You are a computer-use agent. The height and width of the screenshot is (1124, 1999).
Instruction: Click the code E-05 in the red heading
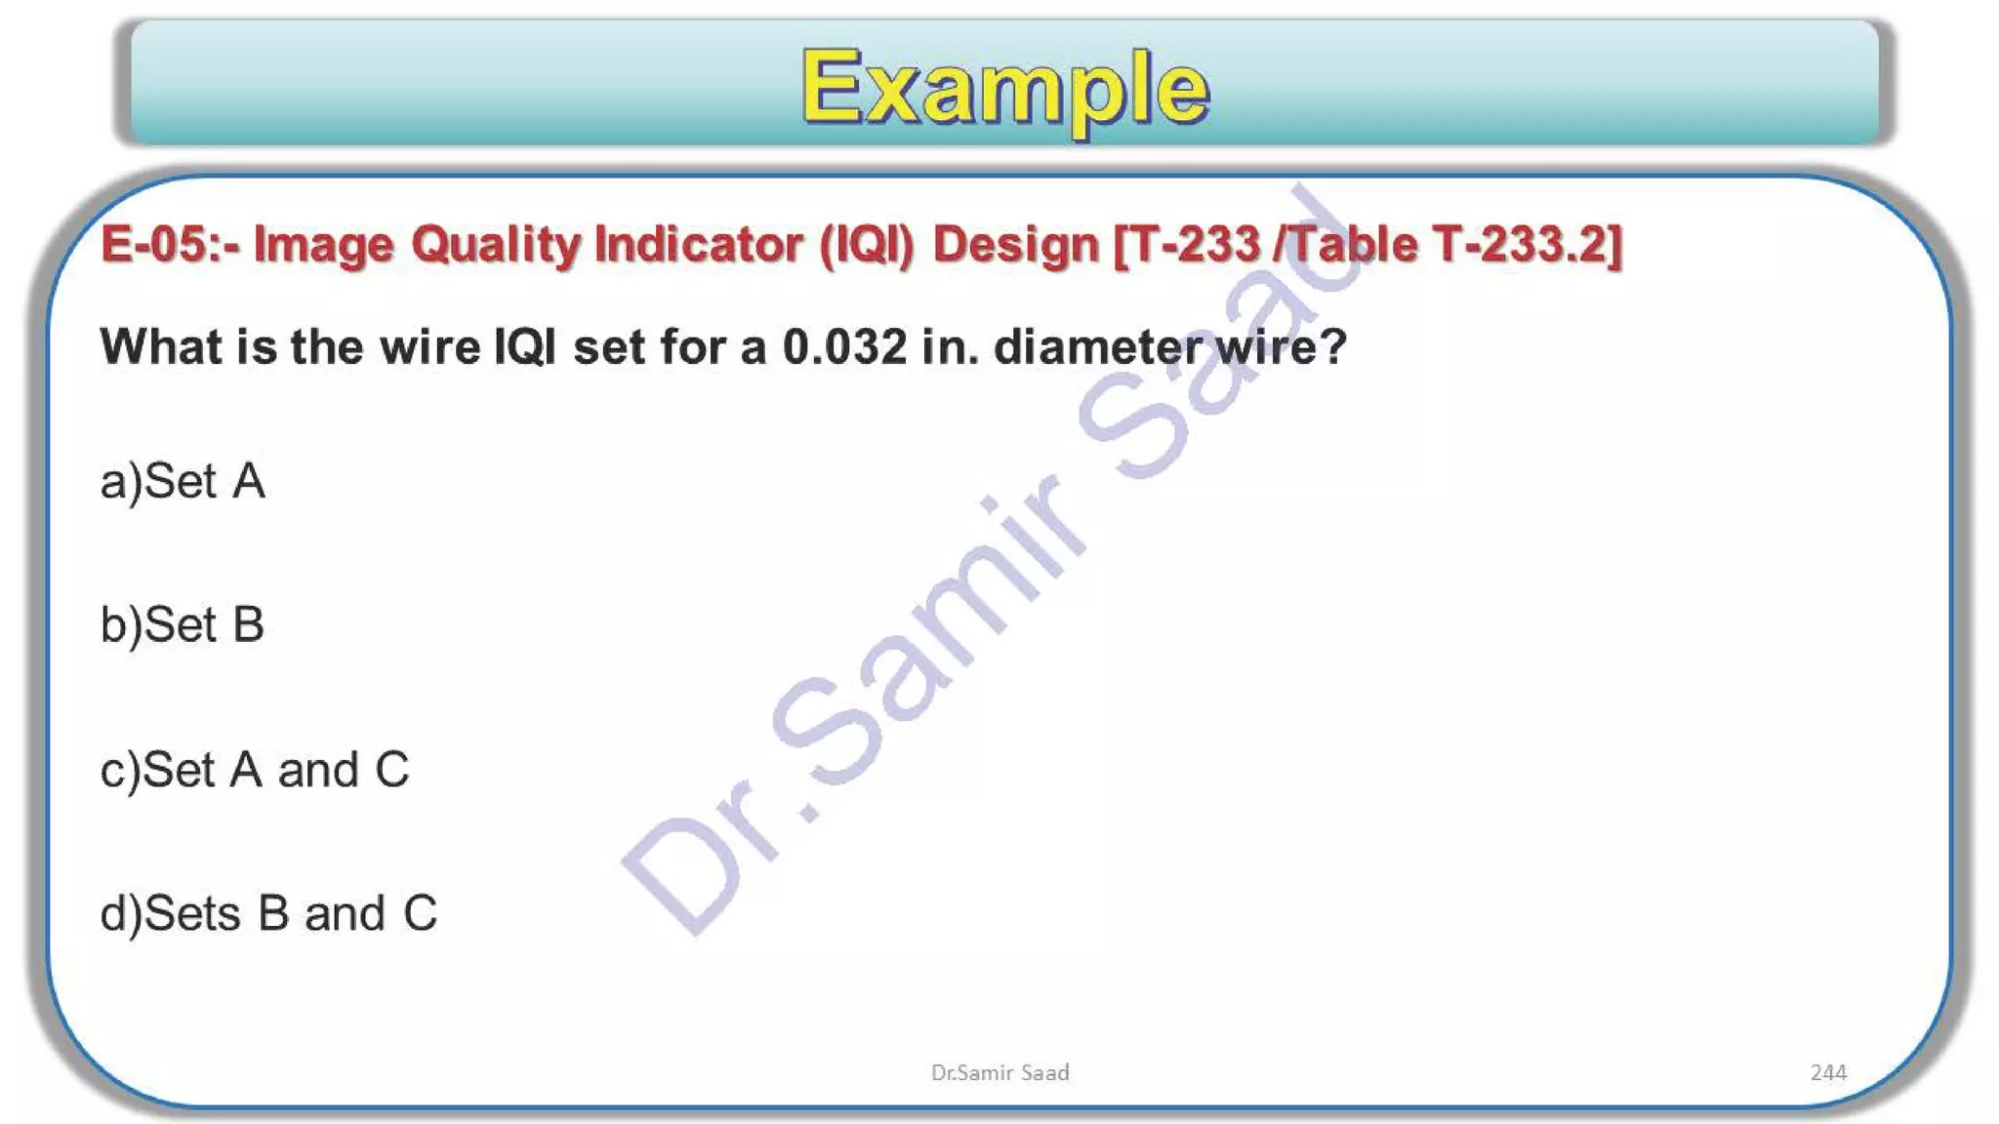[x=153, y=244]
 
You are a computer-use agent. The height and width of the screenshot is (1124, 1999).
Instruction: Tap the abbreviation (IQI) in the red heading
[x=867, y=244]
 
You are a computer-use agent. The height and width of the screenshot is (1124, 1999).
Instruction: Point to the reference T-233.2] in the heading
[x=1527, y=244]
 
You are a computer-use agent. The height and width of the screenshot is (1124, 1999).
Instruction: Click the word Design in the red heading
[x=1016, y=244]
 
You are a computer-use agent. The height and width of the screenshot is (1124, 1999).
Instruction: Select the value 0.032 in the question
[x=844, y=347]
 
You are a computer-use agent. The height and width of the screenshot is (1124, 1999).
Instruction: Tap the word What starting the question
[x=161, y=347]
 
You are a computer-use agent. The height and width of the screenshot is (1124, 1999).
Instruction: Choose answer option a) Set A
[x=183, y=481]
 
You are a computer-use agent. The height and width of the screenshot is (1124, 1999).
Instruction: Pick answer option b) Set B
[x=183, y=624]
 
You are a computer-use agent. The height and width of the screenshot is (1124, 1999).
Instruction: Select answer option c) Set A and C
[x=255, y=770]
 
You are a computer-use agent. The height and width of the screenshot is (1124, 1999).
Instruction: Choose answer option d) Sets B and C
[x=268, y=913]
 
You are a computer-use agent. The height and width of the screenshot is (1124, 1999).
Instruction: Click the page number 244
[x=1828, y=1072]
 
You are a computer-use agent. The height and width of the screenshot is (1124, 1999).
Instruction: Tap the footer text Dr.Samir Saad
[x=999, y=1072]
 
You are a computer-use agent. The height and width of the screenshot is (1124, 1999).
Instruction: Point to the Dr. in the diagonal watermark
[x=713, y=859]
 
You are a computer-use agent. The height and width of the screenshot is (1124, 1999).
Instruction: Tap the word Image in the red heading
[x=324, y=244]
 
